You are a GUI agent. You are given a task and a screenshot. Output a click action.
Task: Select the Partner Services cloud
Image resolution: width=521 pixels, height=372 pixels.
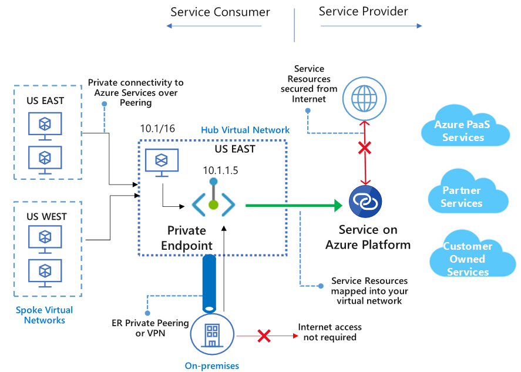(461, 196)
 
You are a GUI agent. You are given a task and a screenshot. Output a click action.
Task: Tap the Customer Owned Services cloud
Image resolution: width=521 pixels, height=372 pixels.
(468, 259)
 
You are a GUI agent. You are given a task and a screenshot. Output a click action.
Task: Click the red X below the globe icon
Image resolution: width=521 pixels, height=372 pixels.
(364, 149)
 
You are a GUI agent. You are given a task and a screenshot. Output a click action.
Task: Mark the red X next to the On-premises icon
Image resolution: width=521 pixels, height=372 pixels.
(264, 336)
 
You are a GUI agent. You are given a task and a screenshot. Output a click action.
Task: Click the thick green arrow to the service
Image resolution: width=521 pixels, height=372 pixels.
(294, 205)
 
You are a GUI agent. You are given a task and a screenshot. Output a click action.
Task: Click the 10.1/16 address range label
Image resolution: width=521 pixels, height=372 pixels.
(157, 129)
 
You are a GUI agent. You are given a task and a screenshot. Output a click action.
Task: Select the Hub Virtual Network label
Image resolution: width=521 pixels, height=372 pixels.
(245, 130)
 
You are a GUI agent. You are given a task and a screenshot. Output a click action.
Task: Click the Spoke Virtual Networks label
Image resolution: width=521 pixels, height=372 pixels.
(45, 315)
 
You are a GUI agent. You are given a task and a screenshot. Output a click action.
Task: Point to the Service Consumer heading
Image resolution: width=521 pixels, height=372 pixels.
(220, 12)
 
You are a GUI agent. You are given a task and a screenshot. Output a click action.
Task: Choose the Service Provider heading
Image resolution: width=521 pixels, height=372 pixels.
(363, 11)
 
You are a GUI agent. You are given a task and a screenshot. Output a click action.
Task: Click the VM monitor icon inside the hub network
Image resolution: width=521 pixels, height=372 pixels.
(162, 162)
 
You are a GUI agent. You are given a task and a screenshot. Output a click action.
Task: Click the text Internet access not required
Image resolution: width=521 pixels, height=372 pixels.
(330, 332)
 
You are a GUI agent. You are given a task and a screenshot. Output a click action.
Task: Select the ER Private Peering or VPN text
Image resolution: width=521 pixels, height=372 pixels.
(150, 328)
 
